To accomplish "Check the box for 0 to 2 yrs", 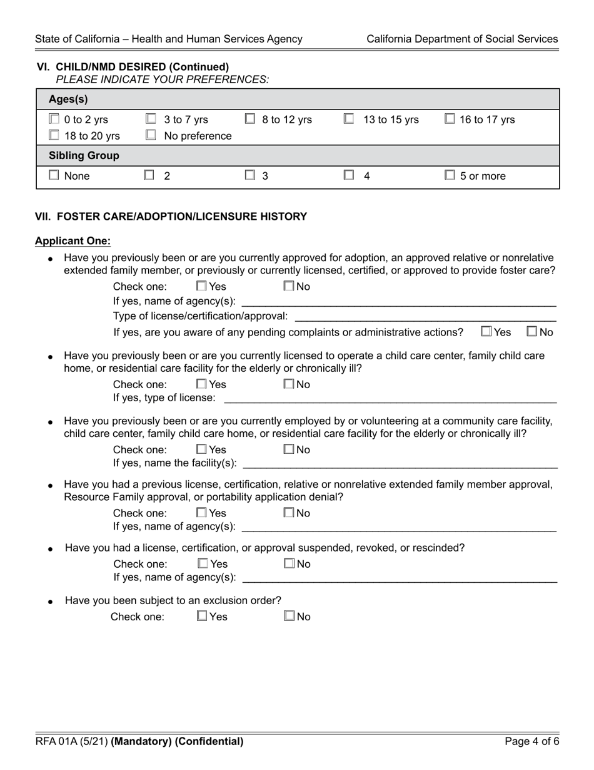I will (x=54, y=119).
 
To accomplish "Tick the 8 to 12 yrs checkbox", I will (x=249, y=119).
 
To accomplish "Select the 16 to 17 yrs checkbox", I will (x=450, y=119).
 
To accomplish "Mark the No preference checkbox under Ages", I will (x=151, y=135).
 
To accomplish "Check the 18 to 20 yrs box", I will (x=54, y=135).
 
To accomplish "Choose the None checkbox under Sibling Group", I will (x=54, y=176).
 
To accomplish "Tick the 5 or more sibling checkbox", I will (x=450, y=176).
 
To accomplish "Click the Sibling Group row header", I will (x=84, y=155).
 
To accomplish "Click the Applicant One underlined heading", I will (x=73, y=241).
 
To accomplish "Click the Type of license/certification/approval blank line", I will (x=425, y=316).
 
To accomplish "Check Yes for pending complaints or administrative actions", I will (x=487, y=332).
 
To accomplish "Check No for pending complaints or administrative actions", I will (x=532, y=332).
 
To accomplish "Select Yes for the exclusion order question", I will (x=202, y=616).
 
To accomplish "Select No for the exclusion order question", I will (x=289, y=616).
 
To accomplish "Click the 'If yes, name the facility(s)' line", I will (x=400, y=463).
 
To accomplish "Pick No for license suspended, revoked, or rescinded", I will (x=289, y=563).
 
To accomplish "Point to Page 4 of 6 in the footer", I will (x=532, y=742).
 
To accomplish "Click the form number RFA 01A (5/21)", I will (x=71, y=742).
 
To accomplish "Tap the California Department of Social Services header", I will (x=462, y=39).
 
